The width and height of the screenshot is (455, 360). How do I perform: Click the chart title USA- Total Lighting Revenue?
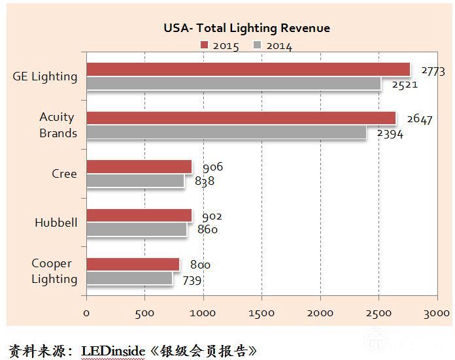[x=246, y=28]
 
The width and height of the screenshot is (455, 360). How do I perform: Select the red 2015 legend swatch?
[x=205, y=45]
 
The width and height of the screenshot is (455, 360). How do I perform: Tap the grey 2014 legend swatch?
[x=258, y=45]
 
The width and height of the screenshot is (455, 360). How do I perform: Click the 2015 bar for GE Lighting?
[x=248, y=69]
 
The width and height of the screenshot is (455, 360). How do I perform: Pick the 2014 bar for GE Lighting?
[x=233, y=83]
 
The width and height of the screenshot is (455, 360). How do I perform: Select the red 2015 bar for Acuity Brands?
[x=241, y=118]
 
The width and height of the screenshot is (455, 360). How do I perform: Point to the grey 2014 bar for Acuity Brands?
[x=226, y=132]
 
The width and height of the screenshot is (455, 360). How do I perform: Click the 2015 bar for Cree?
[x=139, y=167]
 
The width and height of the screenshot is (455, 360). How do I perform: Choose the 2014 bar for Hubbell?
[x=136, y=229]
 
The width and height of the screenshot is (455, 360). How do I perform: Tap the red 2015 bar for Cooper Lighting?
[x=133, y=264]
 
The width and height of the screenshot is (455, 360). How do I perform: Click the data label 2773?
[x=433, y=71]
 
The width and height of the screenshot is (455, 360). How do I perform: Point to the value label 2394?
[x=390, y=134]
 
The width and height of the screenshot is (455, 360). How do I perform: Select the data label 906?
[x=212, y=168]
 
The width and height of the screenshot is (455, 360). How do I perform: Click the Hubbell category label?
[x=56, y=223]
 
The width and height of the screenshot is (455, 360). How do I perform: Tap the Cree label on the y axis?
[x=64, y=174]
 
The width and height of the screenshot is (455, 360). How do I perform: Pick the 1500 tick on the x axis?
[x=261, y=313]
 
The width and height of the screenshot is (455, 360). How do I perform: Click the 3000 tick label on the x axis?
[x=436, y=313]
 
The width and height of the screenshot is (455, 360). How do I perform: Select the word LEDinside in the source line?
[x=112, y=351]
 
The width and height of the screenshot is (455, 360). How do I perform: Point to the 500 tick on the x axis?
[x=144, y=313]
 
